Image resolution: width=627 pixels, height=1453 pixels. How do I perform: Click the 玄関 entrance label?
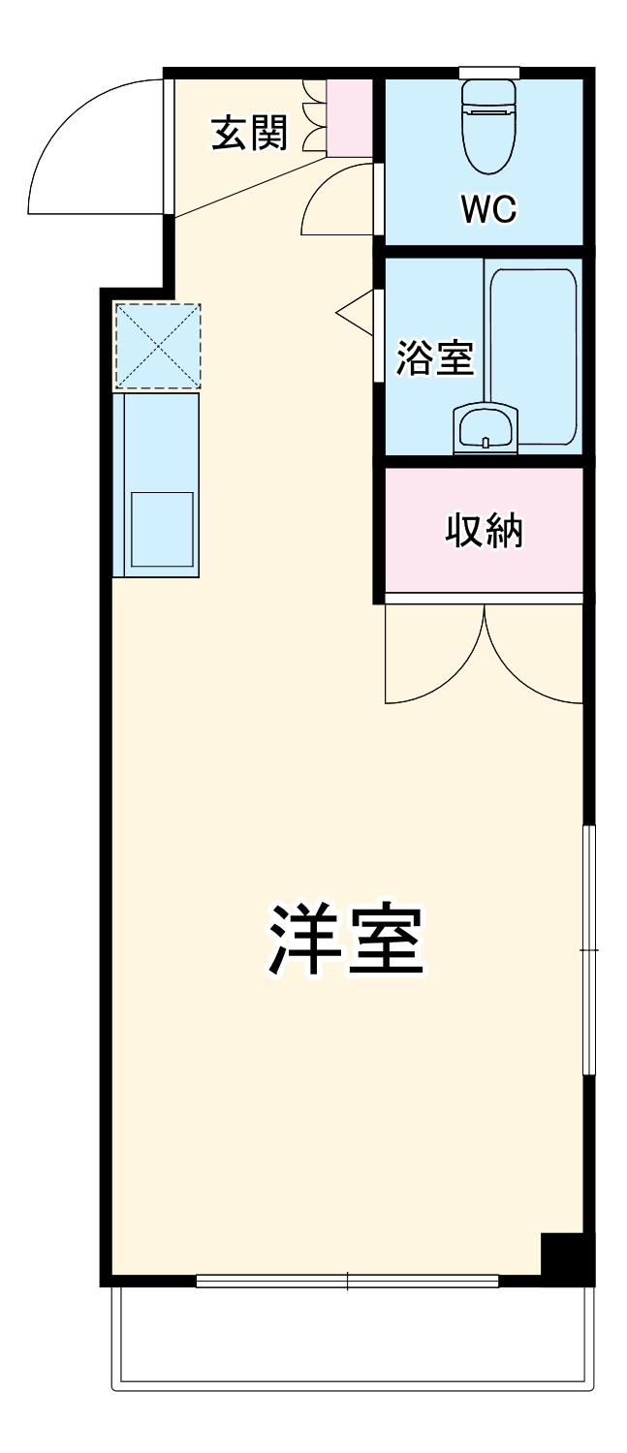(250, 134)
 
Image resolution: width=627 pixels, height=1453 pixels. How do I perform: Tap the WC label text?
(488, 208)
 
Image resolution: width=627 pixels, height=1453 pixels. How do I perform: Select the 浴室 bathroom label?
(434, 358)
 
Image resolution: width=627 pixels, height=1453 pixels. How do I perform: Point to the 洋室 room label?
(346, 940)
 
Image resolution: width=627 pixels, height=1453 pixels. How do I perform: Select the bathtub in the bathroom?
(532, 354)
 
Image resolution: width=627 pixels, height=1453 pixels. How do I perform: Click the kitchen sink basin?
(162, 529)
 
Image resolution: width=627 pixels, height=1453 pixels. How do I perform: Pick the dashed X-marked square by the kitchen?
(157, 346)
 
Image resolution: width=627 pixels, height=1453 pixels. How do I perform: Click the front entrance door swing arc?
(92, 145)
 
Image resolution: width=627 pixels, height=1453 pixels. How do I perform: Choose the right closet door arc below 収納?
(534, 659)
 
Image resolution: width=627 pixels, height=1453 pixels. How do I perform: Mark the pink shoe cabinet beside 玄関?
(349, 117)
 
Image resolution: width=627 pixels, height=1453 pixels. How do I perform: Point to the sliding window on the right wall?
(588, 950)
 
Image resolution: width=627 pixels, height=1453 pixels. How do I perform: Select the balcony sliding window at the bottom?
(347, 1281)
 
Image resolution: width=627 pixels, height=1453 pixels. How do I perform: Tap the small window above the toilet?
(488, 73)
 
